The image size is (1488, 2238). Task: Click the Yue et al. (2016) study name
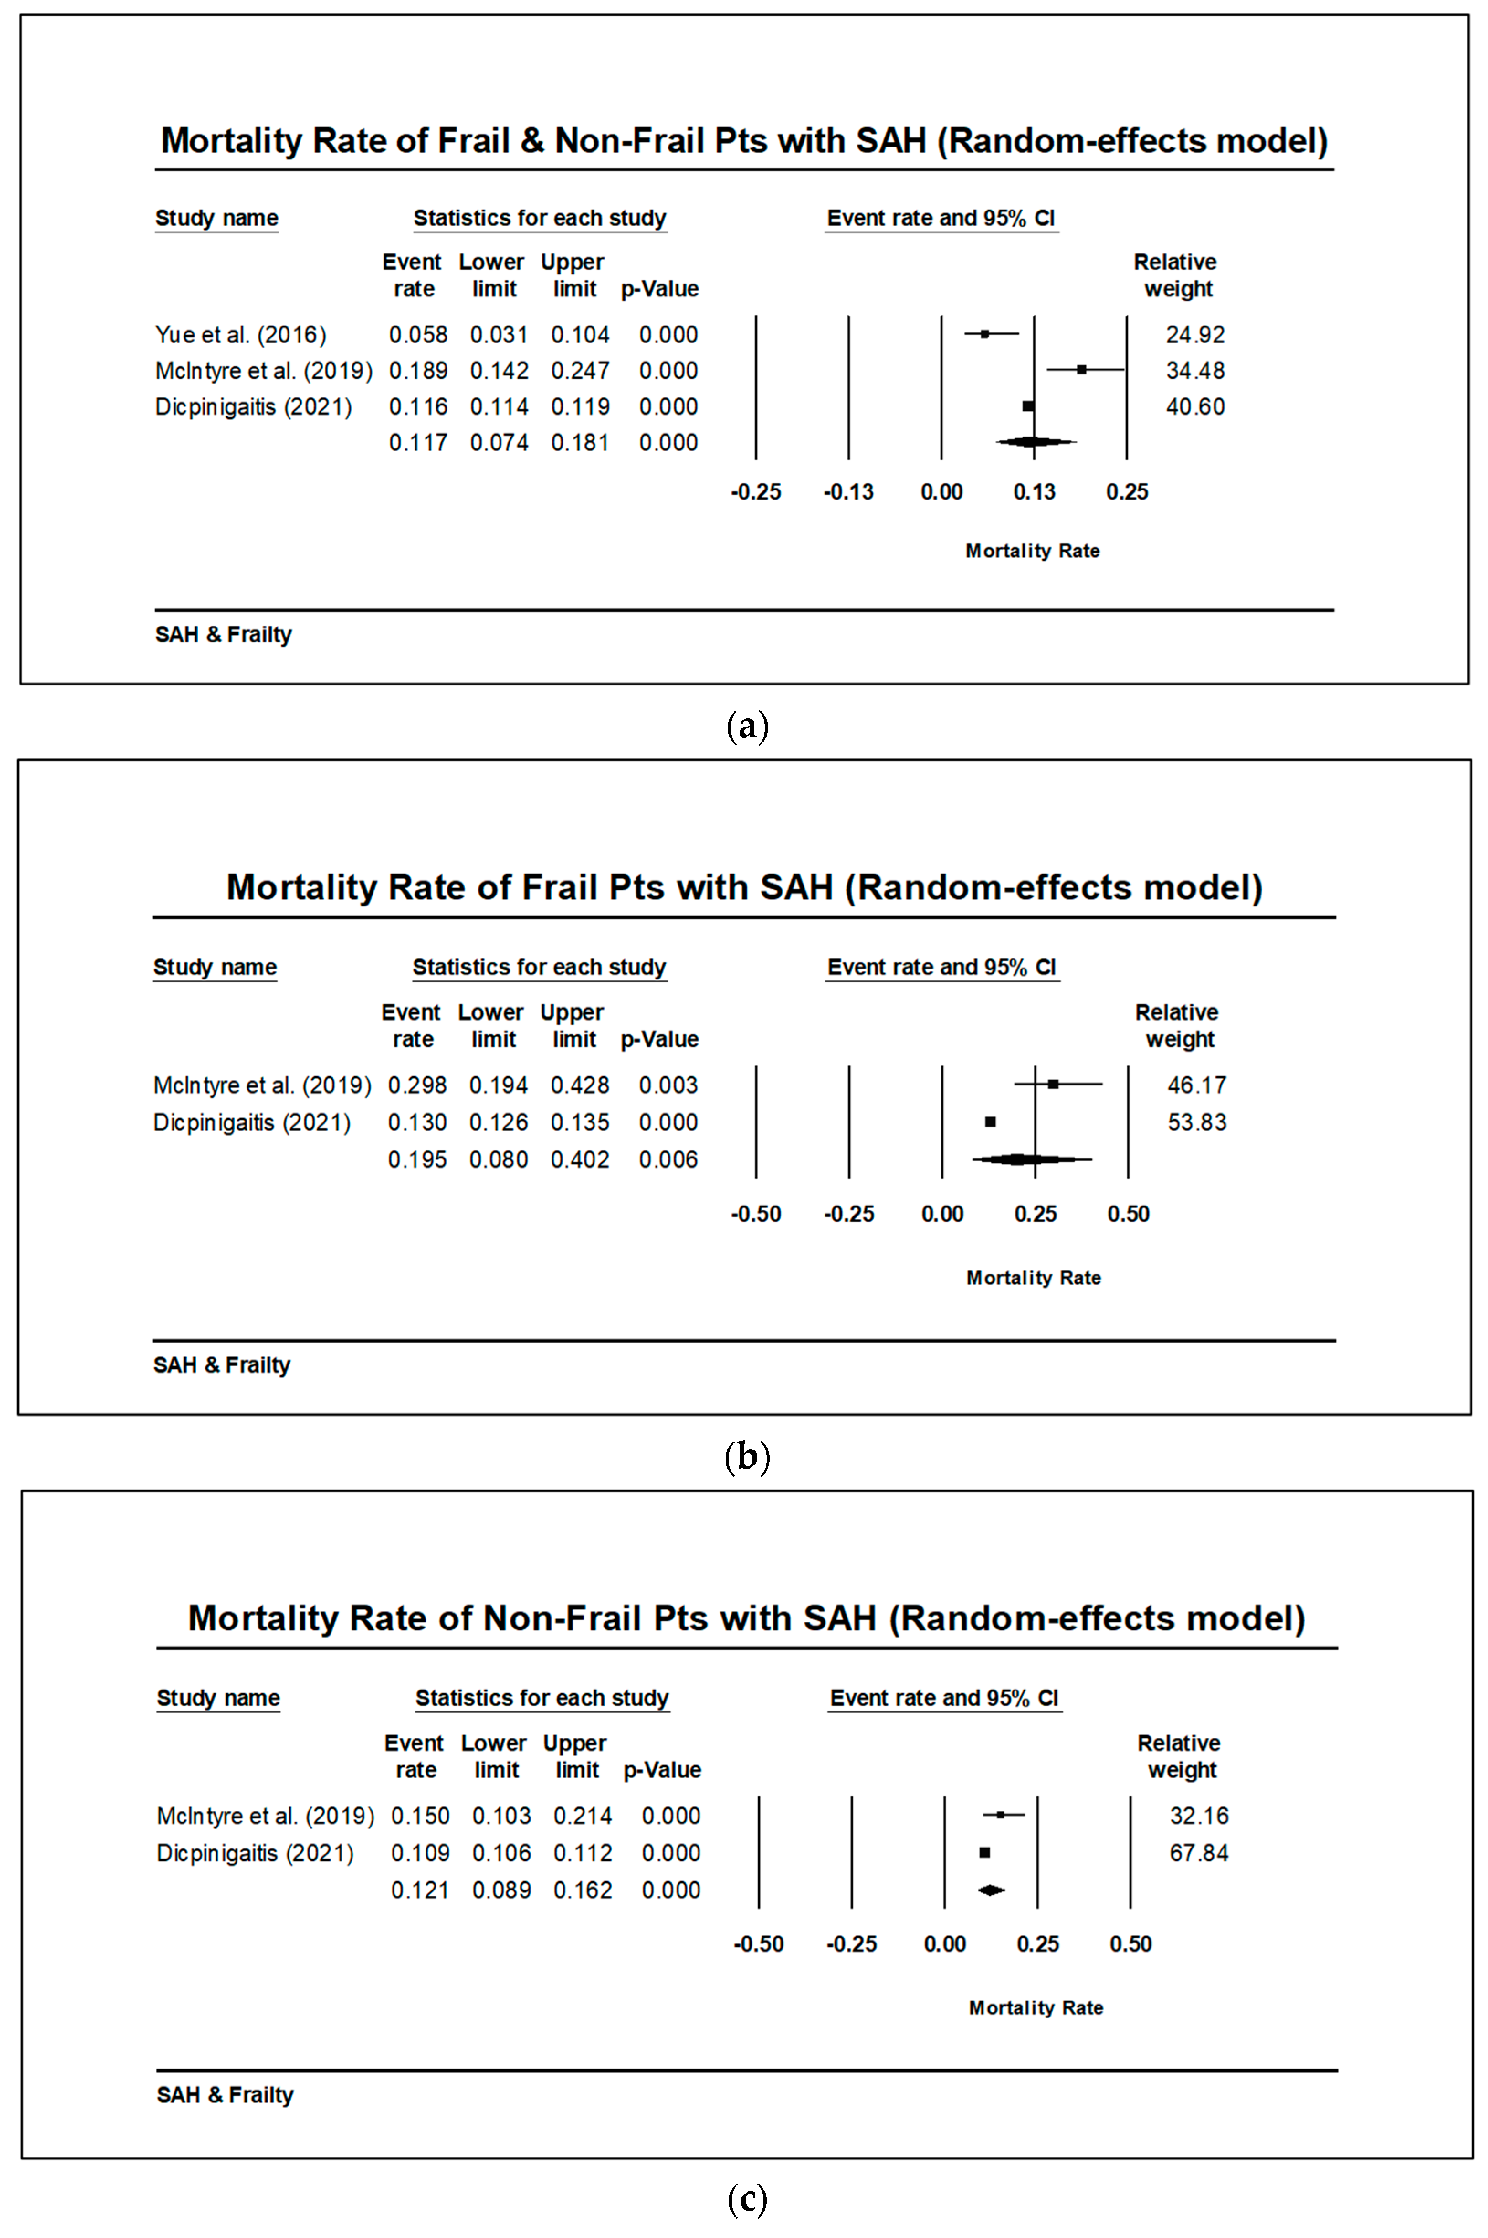point(240,335)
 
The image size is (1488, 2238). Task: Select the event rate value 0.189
point(418,371)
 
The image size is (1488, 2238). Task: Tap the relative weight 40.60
point(1195,407)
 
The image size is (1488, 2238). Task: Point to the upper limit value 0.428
point(580,1085)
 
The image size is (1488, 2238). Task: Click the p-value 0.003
point(668,1085)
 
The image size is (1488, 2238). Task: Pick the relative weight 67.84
point(1199,1853)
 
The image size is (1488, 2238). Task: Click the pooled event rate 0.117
point(418,443)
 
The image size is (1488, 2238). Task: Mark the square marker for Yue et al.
point(985,334)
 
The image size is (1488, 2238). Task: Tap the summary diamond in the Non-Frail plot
point(991,1890)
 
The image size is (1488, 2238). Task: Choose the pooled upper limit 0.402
point(580,1160)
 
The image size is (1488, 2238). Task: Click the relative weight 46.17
point(1197,1085)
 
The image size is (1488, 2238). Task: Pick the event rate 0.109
point(420,1853)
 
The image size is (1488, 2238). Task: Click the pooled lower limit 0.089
point(501,1890)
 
